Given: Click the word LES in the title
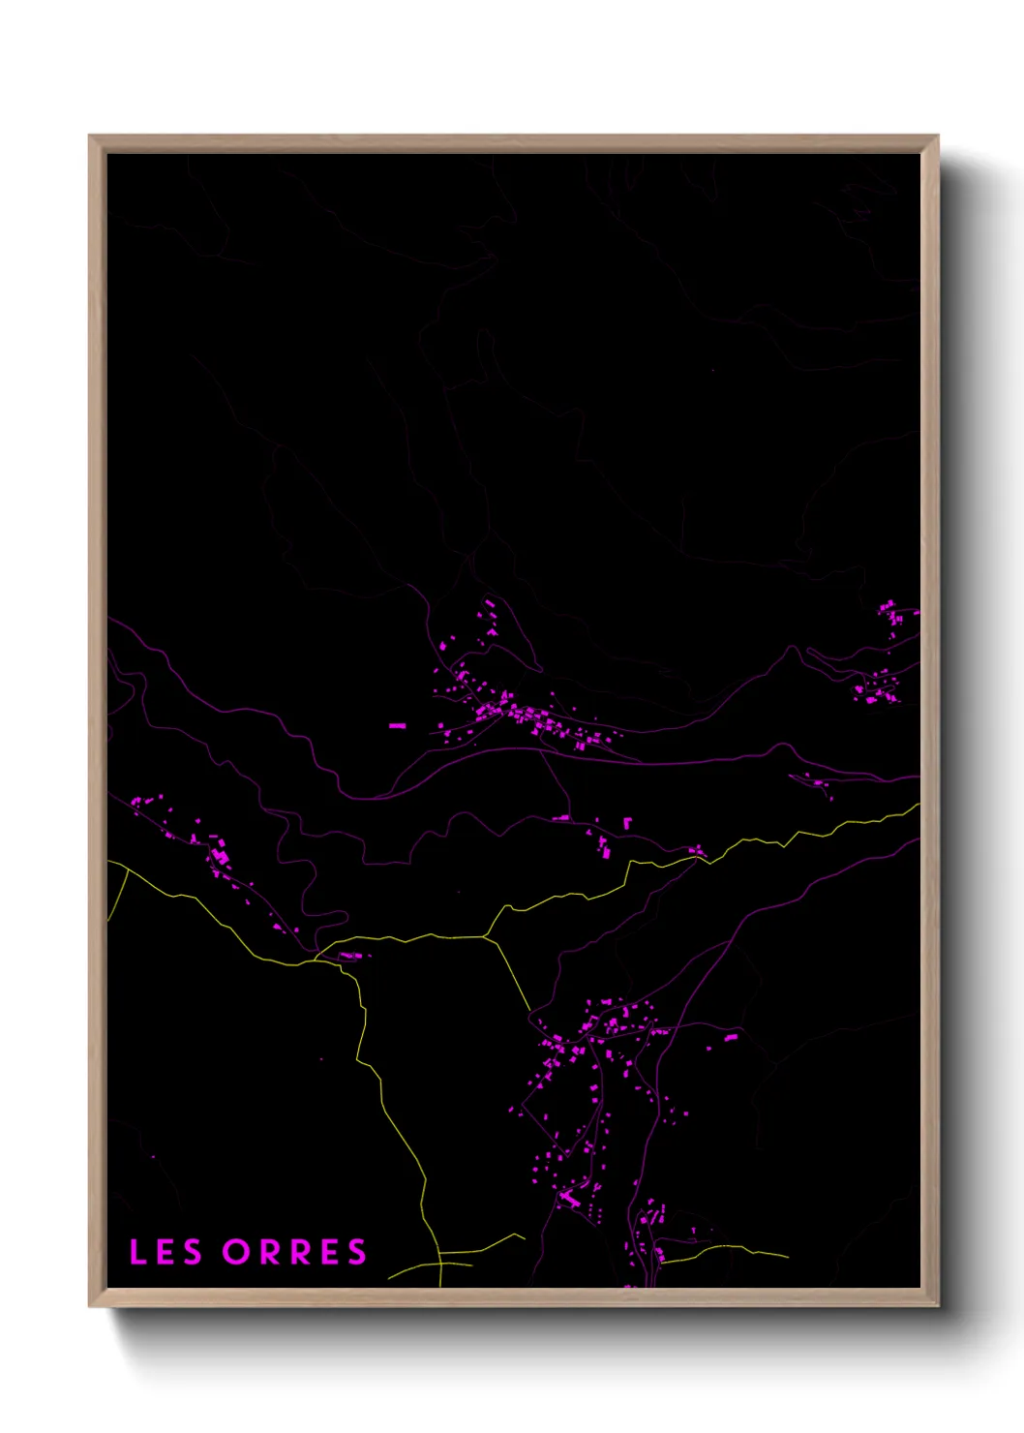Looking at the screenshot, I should point(166,1252).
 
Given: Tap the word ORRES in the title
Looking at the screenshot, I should point(295,1252).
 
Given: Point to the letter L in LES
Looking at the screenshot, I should point(136,1252).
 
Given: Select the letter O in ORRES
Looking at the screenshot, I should point(236,1252).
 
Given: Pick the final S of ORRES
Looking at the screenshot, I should point(358,1252).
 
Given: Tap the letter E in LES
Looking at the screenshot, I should point(165,1252).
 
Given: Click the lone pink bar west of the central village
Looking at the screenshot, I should point(397,725).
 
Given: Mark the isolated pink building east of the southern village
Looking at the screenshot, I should point(731,1037).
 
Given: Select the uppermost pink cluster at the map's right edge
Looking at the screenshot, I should point(888,610).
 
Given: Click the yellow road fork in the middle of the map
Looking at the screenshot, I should point(486,936).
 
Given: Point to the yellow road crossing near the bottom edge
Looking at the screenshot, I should point(439,1263).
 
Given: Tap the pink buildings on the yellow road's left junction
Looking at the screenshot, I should point(350,957).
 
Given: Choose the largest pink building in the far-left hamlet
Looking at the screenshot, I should point(220,857).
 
